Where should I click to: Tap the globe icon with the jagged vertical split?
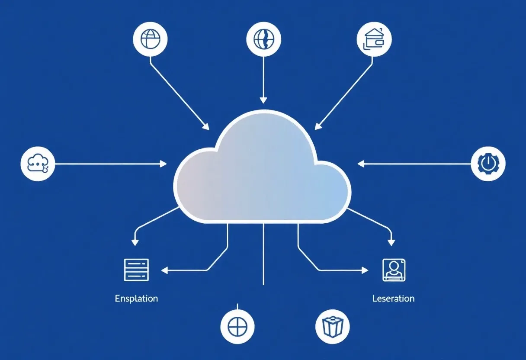point(263,39)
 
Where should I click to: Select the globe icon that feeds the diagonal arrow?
point(150,39)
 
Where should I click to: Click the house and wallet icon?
point(374,39)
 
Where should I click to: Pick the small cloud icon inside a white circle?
point(38,164)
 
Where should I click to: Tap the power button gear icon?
point(488,164)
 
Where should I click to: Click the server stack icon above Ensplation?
point(136,270)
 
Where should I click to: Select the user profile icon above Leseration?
point(394,270)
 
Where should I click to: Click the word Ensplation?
point(136,299)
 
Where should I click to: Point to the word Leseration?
point(393,299)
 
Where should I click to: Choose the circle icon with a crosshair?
point(237,326)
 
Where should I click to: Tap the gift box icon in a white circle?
point(332,326)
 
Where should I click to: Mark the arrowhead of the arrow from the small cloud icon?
point(164,164)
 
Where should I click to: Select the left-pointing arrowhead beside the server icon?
point(164,270)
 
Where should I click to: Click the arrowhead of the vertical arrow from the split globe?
point(263,100)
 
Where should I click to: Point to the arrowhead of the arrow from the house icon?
point(317,127)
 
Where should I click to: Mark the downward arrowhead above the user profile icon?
point(391,242)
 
